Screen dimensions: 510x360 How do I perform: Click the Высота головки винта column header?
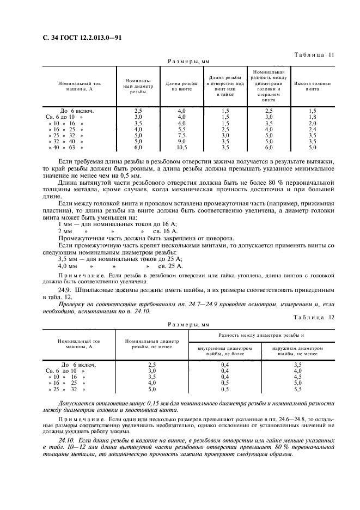click(x=312, y=86)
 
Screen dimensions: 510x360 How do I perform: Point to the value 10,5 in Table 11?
click(x=181, y=147)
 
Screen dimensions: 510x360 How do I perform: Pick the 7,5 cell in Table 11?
click(x=181, y=135)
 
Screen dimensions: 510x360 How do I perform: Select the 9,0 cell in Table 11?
click(x=181, y=141)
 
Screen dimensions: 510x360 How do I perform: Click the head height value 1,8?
click(x=312, y=117)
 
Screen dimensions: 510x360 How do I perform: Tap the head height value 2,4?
click(x=312, y=129)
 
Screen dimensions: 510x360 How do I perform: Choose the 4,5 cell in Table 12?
click(x=313, y=377)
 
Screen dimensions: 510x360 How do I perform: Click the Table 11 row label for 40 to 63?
click(x=66, y=147)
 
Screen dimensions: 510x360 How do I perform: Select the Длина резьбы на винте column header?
click(x=181, y=86)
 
